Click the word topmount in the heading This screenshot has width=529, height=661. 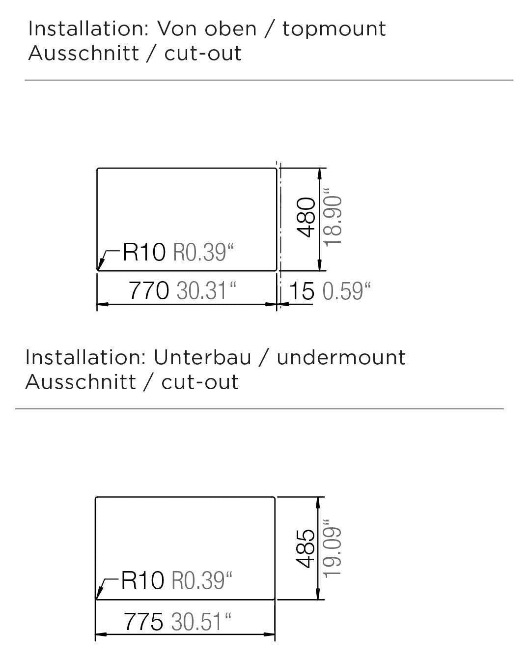(x=334, y=29)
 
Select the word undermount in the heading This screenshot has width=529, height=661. (x=341, y=357)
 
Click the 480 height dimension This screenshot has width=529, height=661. (x=307, y=217)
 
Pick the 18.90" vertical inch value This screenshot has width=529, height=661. (x=333, y=218)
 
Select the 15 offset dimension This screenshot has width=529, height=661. (x=301, y=291)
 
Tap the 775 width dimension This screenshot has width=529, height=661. (x=143, y=622)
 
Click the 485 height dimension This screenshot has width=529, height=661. (x=306, y=548)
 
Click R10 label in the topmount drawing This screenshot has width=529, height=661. (x=144, y=253)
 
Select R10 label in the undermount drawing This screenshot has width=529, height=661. (x=142, y=580)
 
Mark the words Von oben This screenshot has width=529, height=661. (x=206, y=29)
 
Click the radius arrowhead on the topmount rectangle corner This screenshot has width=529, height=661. (x=100, y=267)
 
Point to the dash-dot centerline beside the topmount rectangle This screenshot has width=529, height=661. (x=280, y=216)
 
